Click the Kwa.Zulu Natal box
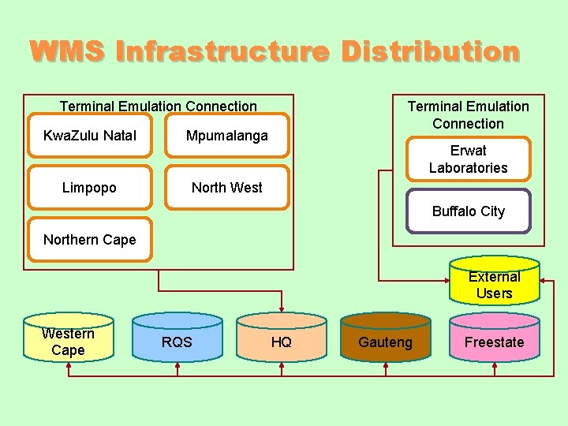tap(89, 136)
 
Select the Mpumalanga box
tap(227, 136)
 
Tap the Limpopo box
tap(89, 188)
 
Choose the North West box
tap(227, 188)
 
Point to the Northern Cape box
tap(89, 240)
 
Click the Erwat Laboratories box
tap(468, 159)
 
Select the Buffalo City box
tap(468, 211)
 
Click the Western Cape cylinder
tap(68, 341)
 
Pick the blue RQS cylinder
tap(177, 341)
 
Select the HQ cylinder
tap(282, 341)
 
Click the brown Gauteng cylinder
tap(385, 341)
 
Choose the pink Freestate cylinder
tap(494, 341)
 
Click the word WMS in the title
tap(67, 52)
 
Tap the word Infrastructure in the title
tap(222, 52)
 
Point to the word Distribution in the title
tap(431, 52)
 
